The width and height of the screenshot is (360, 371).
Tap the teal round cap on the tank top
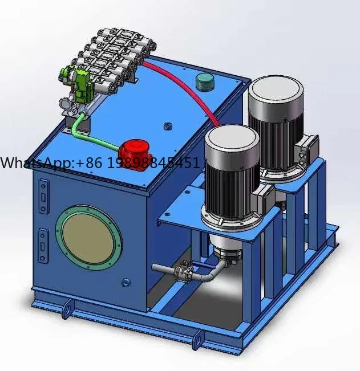203,81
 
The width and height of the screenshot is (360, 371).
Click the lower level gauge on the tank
43,245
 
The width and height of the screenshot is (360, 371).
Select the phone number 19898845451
154,163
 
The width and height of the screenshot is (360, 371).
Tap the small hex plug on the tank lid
167,125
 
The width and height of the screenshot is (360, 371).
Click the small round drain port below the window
126,282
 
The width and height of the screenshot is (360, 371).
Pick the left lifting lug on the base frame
66,311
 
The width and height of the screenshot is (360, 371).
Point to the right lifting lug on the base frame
197,340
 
